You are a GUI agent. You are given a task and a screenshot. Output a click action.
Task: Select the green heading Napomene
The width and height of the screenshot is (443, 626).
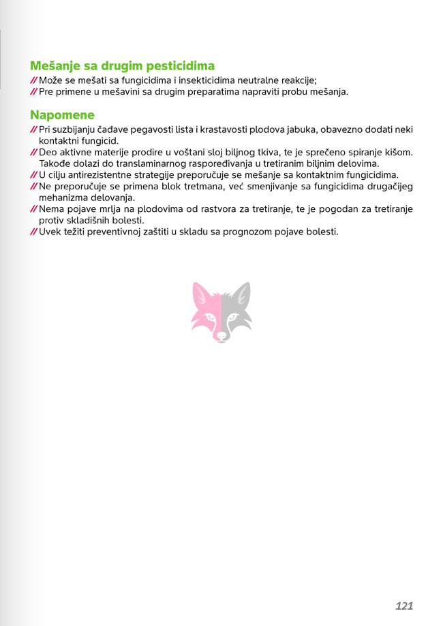pyautogui.click(x=62, y=115)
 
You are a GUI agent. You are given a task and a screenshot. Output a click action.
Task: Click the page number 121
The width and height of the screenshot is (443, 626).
pyautogui.click(x=404, y=606)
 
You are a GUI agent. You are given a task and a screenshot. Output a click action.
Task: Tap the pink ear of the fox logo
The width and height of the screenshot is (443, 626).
pyautogui.click(x=200, y=294)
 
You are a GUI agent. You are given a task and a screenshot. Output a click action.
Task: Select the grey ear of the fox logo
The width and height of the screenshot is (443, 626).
pyautogui.click(x=243, y=294)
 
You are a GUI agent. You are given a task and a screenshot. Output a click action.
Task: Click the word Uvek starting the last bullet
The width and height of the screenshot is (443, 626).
pyautogui.click(x=50, y=232)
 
